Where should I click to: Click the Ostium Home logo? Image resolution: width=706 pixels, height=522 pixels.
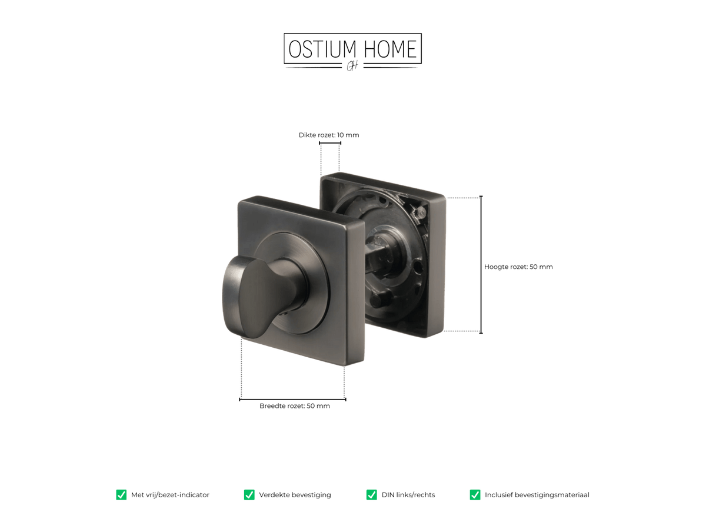pyautogui.click(x=352, y=52)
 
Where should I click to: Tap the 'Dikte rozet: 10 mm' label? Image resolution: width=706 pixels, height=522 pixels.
pyautogui.click(x=328, y=135)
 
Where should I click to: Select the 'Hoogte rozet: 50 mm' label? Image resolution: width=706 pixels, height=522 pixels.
pyautogui.click(x=518, y=267)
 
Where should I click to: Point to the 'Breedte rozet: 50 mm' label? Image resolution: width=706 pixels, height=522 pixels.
pyautogui.click(x=294, y=406)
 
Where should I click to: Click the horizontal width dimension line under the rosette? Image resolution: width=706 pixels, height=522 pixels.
pyautogui.click(x=292, y=400)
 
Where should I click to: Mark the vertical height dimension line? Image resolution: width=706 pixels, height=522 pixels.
pyautogui.click(x=481, y=265)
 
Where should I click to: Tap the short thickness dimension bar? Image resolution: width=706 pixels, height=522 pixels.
pyautogui.click(x=330, y=143)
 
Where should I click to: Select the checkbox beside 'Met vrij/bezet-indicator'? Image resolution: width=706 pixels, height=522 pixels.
pyautogui.click(x=121, y=495)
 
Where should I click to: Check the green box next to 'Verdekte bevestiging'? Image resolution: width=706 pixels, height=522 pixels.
pyautogui.click(x=249, y=495)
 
